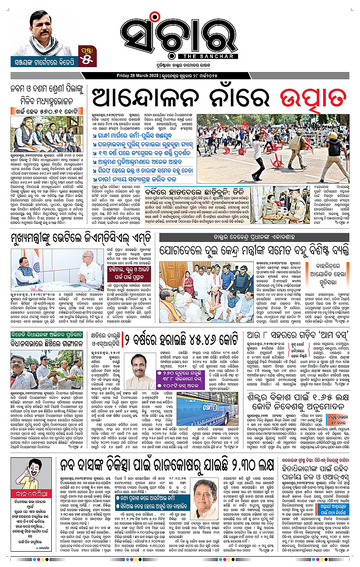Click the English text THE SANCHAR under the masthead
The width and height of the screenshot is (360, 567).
tap(207, 56)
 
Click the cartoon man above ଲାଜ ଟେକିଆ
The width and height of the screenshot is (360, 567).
tap(33, 481)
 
